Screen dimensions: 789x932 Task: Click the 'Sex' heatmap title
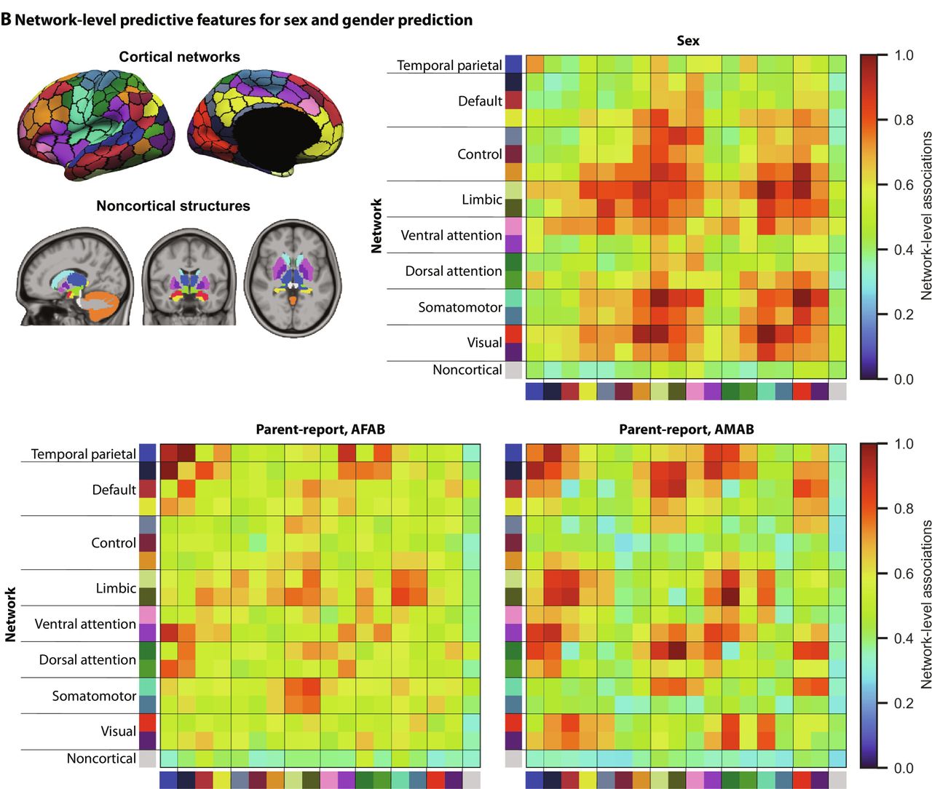click(x=687, y=41)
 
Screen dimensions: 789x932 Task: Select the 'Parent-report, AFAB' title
click(x=320, y=429)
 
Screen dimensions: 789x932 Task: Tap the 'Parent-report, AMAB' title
click(x=686, y=429)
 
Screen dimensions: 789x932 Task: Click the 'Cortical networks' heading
click(x=179, y=57)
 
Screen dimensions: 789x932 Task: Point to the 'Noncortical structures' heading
click(x=173, y=206)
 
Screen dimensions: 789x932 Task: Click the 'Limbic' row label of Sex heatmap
click(x=481, y=199)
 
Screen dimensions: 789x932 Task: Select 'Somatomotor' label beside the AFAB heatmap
click(x=94, y=696)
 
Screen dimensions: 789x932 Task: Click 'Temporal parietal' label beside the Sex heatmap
click(x=449, y=66)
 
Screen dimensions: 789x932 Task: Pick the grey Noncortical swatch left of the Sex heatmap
click(x=514, y=370)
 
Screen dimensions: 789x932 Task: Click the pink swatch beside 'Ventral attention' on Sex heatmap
click(x=514, y=226)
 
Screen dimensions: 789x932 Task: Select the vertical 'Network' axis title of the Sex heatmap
click(x=376, y=226)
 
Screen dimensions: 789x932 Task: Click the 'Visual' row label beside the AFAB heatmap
click(x=118, y=731)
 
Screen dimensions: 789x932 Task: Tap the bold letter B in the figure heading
click(x=7, y=20)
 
